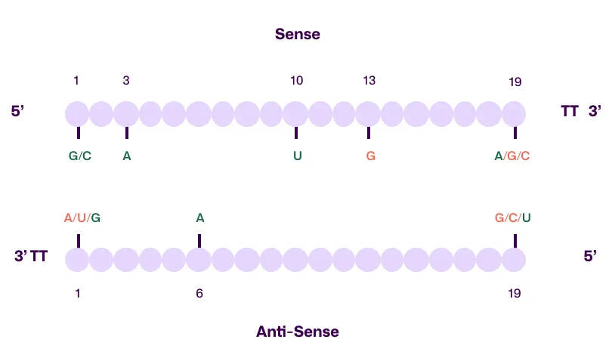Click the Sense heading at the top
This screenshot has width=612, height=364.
(x=298, y=34)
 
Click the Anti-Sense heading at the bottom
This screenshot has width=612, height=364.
(x=298, y=332)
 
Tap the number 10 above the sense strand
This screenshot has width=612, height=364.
(x=297, y=80)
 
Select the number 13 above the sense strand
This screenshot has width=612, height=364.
(x=369, y=80)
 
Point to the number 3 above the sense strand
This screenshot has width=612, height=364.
(x=126, y=80)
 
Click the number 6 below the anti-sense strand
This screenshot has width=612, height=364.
(x=199, y=293)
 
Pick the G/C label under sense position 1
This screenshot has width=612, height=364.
(x=79, y=156)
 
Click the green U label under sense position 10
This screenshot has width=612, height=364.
(x=297, y=156)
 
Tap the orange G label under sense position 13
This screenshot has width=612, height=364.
(x=370, y=156)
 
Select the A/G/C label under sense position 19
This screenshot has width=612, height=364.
(x=512, y=156)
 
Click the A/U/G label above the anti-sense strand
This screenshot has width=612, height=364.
(x=82, y=218)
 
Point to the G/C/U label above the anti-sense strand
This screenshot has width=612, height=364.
(x=512, y=218)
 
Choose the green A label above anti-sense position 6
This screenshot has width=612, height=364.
(x=200, y=218)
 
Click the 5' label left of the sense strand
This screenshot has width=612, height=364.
(x=19, y=112)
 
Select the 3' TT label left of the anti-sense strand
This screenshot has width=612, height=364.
(x=31, y=257)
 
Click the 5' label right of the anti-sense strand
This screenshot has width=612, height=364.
(x=590, y=257)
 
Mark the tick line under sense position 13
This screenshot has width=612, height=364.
(x=369, y=133)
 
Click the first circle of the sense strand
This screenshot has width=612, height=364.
(x=77, y=114)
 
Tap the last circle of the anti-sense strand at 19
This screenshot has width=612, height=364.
(x=514, y=260)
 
